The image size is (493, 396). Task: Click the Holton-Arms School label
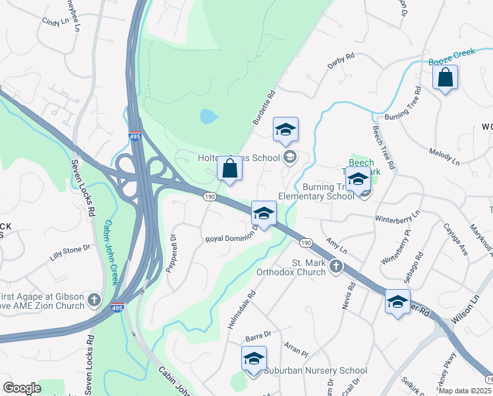point(239,158)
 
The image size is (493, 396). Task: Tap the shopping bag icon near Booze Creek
point(446,77)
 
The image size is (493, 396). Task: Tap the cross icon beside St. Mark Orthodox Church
point(336,267)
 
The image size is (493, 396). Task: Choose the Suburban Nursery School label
point(316,371)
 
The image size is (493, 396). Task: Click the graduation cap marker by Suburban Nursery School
point(254,359)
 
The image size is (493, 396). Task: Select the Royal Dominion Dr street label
point(230,238)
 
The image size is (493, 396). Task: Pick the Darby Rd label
point(341,62)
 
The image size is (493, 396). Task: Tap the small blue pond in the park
point(208,117)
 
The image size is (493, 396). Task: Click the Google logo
point(22,389)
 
